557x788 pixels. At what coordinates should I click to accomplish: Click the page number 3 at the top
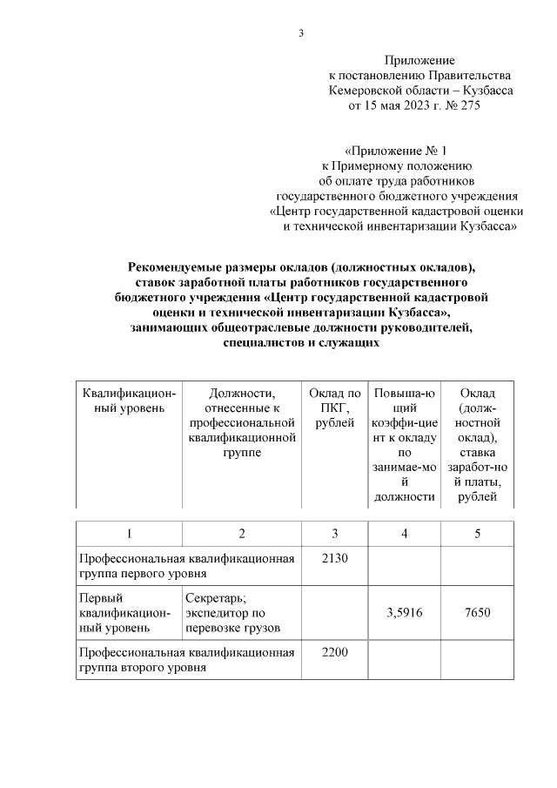point(301,34)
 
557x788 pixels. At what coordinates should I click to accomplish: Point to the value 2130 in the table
point(335,558)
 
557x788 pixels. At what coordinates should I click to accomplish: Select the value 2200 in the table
point(335,651)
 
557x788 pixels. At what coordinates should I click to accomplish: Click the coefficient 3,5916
point(404,612)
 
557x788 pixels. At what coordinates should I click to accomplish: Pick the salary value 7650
point(477,612)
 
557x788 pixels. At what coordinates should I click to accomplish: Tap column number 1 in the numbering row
point(129,533)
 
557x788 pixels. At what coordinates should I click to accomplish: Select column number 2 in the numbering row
point(241,533)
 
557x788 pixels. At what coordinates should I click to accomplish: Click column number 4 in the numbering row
point(404,533)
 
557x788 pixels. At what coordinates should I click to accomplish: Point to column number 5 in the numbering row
point(477,533)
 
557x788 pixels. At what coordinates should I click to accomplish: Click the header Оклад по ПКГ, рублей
point(335,407)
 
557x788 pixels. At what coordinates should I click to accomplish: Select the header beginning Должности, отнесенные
point(241,422)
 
